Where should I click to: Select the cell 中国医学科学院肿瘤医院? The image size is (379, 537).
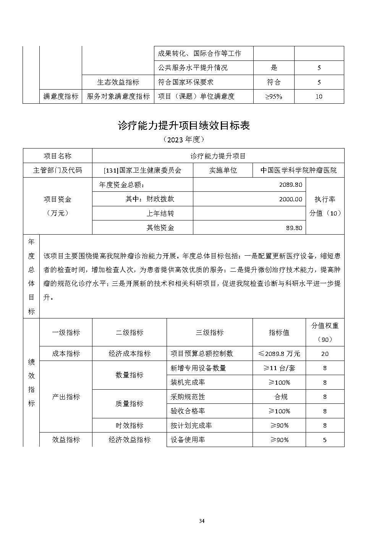click(x=298, y=170)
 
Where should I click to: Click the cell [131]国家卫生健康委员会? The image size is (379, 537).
click(x=143, y=170)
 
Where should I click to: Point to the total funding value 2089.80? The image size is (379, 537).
click(x=291, y=185)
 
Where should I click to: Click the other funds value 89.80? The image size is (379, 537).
click(x=294, y=228)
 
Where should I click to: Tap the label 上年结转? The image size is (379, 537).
click(x=160, y=214)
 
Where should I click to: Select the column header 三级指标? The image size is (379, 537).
click(x=209, y=333)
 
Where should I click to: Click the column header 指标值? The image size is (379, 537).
click(x=279, y=333)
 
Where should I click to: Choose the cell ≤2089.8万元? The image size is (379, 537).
click(x=279, y=354)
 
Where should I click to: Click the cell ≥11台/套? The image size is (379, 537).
click(x=279, y=368)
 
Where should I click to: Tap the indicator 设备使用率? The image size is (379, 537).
click(x=188, y=440)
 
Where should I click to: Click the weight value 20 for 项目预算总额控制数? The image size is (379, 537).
click(x=325, y=354)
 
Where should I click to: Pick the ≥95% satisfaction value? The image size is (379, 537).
click(x=274, y=96)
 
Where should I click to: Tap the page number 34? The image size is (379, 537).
click(x=202, y=521)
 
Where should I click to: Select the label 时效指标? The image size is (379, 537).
click(x=130, y=425)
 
